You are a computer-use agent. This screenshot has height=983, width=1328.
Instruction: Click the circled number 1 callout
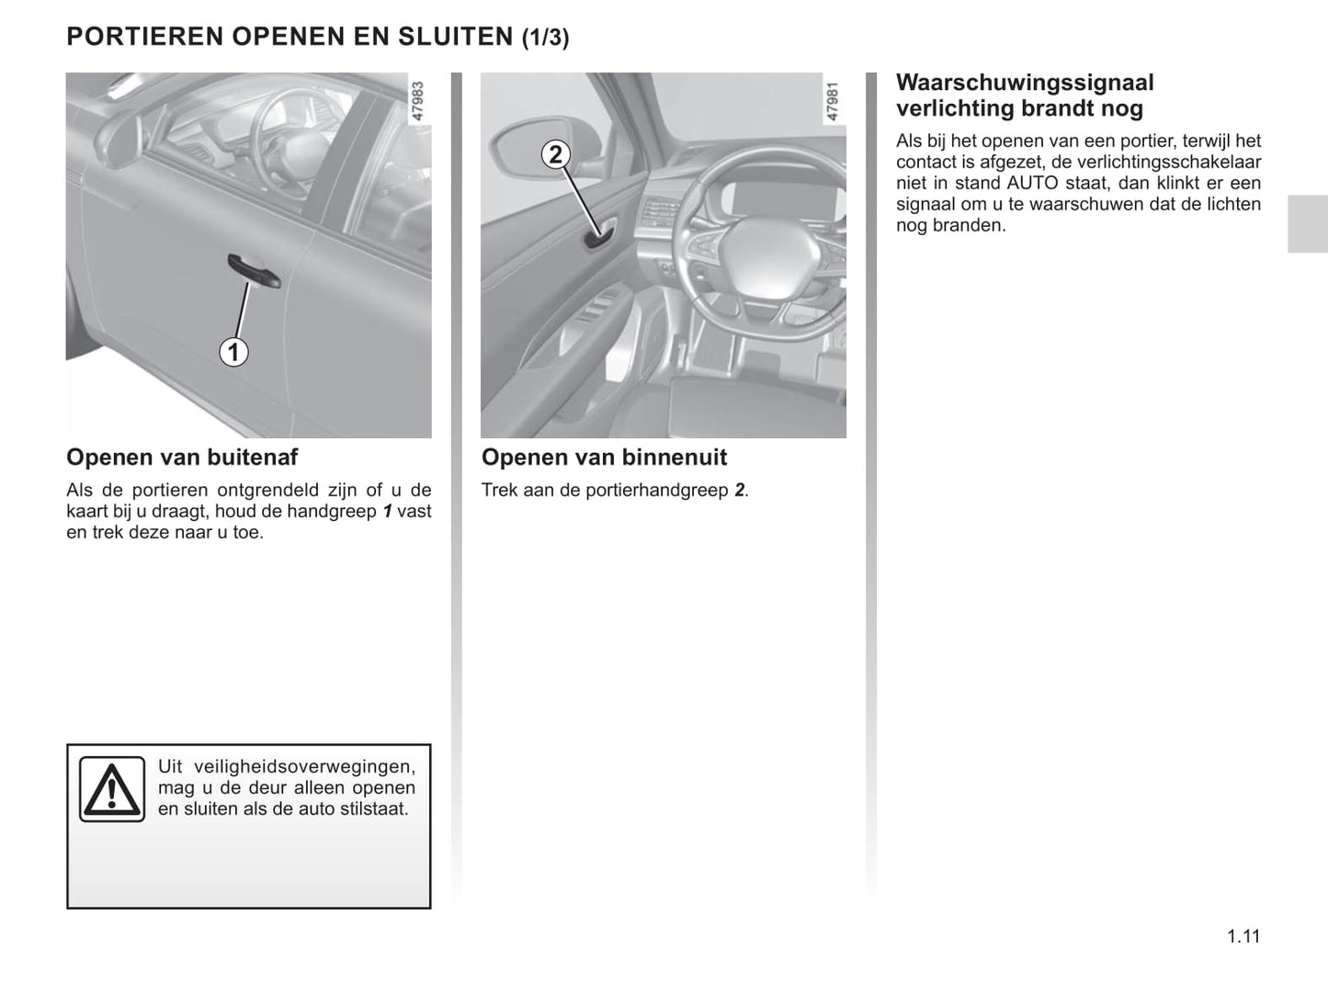pos(233,352)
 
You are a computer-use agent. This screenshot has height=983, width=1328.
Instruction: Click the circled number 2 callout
pos(555,153)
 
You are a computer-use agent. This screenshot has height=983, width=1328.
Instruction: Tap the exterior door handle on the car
pos(254,270)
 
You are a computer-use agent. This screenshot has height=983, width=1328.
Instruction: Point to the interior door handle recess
pos(598,237)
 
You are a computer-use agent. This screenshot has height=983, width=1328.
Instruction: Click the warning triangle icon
pos(111,789)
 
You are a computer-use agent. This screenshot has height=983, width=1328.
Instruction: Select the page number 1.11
pos(1243,936)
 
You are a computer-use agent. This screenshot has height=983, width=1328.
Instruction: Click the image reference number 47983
pos(418,101)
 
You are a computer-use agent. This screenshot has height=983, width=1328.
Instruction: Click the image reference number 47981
pos(833,101)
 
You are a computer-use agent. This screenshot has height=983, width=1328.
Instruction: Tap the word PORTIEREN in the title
pos(145,37)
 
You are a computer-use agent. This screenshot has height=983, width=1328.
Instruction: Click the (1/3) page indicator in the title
pos(546,38)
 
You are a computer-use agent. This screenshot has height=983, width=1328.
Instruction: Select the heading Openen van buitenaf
pos(182,458)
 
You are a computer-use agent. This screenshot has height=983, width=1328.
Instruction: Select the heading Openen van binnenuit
pos(604,458)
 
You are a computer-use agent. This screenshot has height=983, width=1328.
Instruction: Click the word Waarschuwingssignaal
pos(1025,83)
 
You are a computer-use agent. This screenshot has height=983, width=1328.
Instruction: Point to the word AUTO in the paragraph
pos(1033,183)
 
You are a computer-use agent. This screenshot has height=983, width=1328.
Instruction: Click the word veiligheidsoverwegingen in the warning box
pos(304,766)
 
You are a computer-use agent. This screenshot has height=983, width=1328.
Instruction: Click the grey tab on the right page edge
pos(1307,223)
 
